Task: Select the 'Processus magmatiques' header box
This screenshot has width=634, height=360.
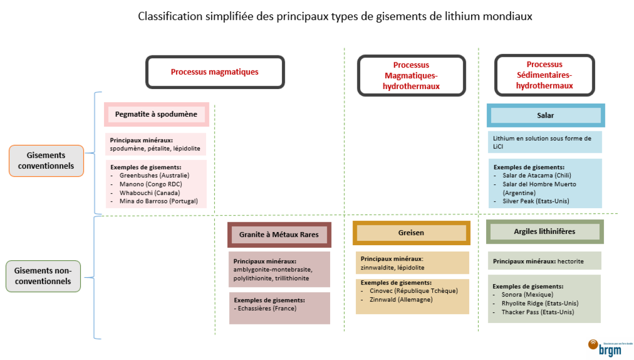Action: click(215, 72)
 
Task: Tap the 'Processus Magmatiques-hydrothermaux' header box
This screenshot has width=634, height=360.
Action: click(411, 75)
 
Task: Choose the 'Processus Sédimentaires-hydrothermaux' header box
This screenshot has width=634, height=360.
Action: click(545, 75)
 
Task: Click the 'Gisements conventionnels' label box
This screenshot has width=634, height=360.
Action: click(47, 161)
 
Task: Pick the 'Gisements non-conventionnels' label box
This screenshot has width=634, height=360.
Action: click(43, 276)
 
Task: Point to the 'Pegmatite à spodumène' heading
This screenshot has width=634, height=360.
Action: click(156, 114)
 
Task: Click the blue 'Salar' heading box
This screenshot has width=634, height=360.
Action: click(546, 116)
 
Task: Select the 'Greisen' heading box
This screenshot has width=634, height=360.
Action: click(411, 233)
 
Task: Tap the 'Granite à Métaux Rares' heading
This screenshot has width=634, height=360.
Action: click(279, 234)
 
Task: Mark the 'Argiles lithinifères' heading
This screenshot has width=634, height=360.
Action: click(545, 232)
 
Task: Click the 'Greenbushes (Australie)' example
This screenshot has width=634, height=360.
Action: click(154, 175)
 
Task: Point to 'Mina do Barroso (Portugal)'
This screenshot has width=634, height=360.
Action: click(158, 201)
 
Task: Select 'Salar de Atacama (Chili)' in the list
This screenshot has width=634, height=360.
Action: click(537, 176)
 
